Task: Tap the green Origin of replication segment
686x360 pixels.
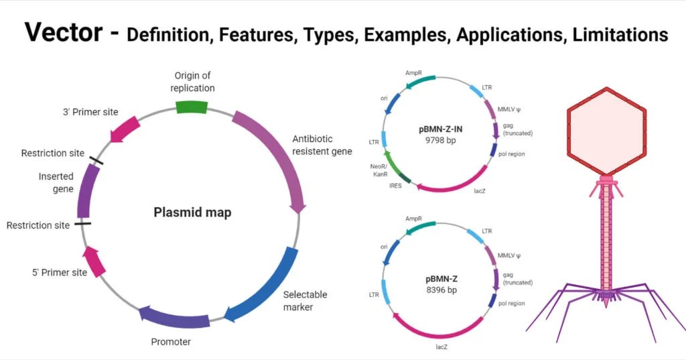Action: point(192,107)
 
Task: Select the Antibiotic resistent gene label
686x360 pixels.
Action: point(322,145)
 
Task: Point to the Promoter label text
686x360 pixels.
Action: point(171,342)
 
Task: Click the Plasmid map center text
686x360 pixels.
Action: point(192,213)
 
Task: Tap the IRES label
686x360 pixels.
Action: point(395,186)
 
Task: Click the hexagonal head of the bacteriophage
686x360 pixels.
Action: point(606,131)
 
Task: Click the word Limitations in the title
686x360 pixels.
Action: point(620,34)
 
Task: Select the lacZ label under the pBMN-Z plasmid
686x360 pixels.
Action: point(441,347)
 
